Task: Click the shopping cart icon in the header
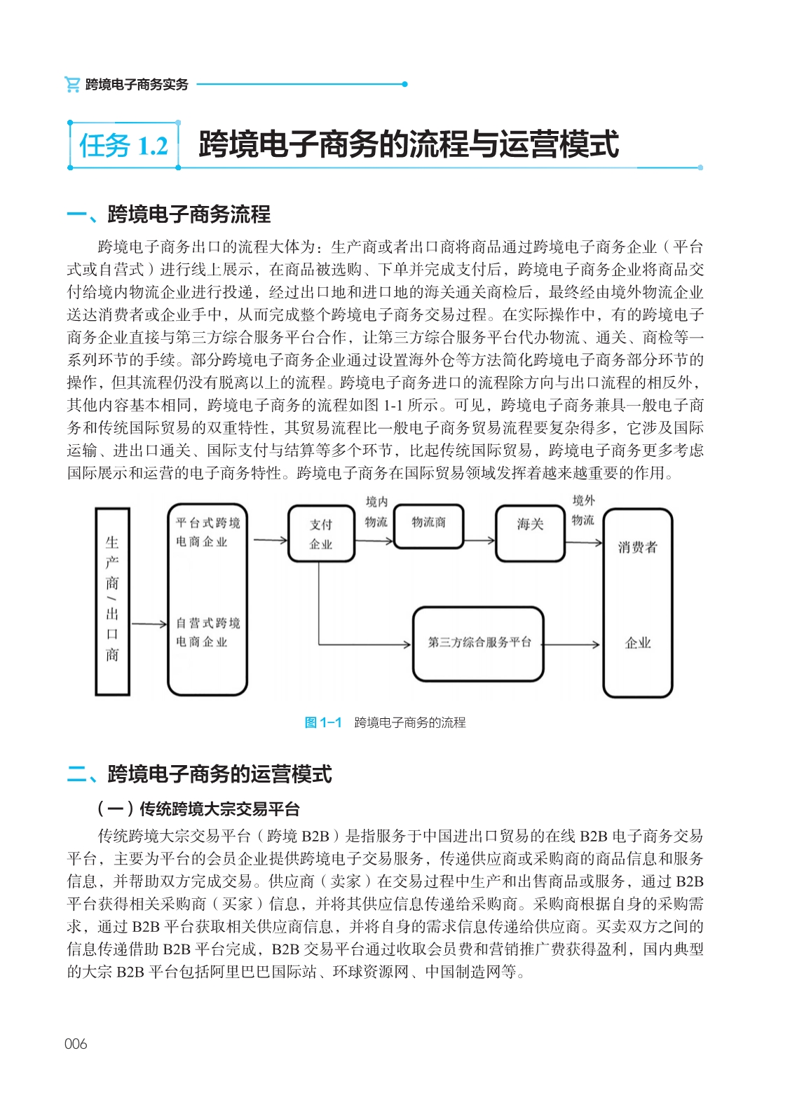point(71,84)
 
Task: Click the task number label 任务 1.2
point(124,146)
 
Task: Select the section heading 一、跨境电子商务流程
point(168,214)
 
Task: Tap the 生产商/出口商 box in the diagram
point(112,600)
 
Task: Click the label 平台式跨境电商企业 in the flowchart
point(207,532)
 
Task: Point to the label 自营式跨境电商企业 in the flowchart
point(207,632)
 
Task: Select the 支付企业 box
point(321,534)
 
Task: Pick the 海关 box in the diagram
point(530,532)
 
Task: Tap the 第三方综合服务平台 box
point(479,643)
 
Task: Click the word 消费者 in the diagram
point(637,547)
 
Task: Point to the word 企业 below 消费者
point(637,643)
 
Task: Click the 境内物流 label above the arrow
point(376,511)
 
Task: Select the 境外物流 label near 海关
point(583,510)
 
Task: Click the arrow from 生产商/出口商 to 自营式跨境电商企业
point(149,624)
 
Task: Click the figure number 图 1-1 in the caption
point(323,722)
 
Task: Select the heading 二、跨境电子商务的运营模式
point(199,774)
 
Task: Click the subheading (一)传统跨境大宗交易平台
point(198,809)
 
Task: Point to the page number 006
point(76,1044)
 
